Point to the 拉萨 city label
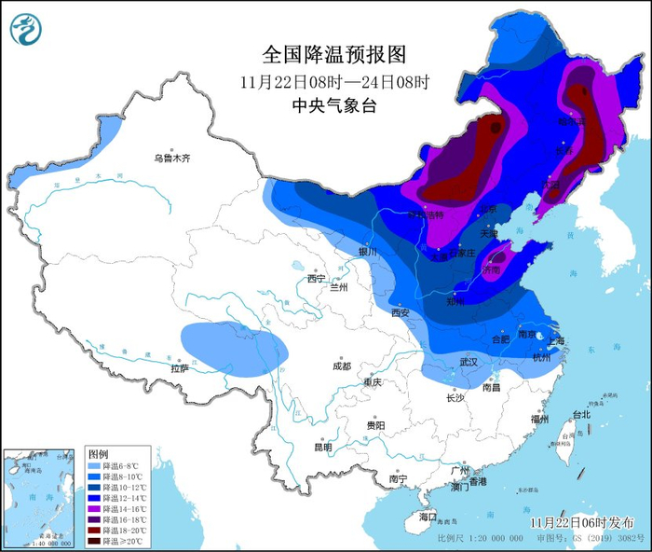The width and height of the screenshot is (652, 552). tap(180, 368)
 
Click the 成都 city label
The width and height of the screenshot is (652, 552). tap(340, 366)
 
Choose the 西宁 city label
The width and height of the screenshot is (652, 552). tap(317, 278)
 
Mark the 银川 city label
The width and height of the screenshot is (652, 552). tap(367, 252)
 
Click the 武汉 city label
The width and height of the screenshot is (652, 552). tap(468, 361)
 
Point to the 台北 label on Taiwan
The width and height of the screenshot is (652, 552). tap(580, 414)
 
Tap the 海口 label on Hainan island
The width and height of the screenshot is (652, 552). tap(428, 516)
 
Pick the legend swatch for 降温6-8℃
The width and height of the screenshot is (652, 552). tap(94, 465)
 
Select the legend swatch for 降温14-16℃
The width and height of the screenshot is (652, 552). tap(94, 508)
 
